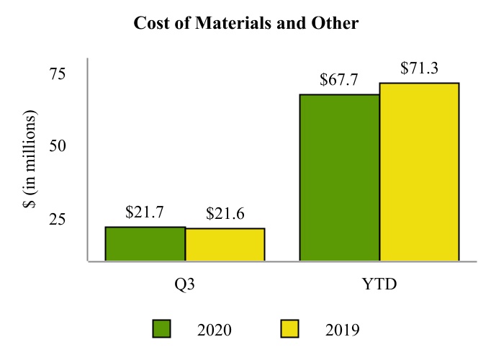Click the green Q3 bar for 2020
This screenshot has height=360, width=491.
pyautogui.click(x=145, y=244)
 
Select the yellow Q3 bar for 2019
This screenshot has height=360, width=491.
pyautogui.click(x=225, y=245)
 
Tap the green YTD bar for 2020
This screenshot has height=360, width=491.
pyautogui.click(x=340, y=177)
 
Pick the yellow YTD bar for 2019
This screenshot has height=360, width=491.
pyautogui.click(x=419, y=171)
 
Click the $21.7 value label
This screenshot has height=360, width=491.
pyautogui.click(x=145, y=212)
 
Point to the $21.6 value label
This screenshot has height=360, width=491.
pyautogui.click(x=225, y=214)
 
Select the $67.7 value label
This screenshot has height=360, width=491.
pyautogui.click(x=339, y=80)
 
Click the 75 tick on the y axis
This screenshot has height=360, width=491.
pyautogui.click(x=57, y=73)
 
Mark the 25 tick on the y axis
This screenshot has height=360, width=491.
pyautogui.click(x=57, y=219)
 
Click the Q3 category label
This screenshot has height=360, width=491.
pyautogui.click(x=185, y=284)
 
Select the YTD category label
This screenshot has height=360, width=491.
pyautogui.click(x=379, y=284)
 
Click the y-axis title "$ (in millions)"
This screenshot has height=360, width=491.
pyautogui.click(x=31, y=159)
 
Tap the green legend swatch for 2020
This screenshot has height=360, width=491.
pyautogui.click(x=162, y=329)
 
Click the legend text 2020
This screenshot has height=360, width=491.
pyautogui.click(x=214, y=330)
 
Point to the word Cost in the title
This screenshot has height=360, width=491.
pyautogui.click(x=149, y=24)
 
